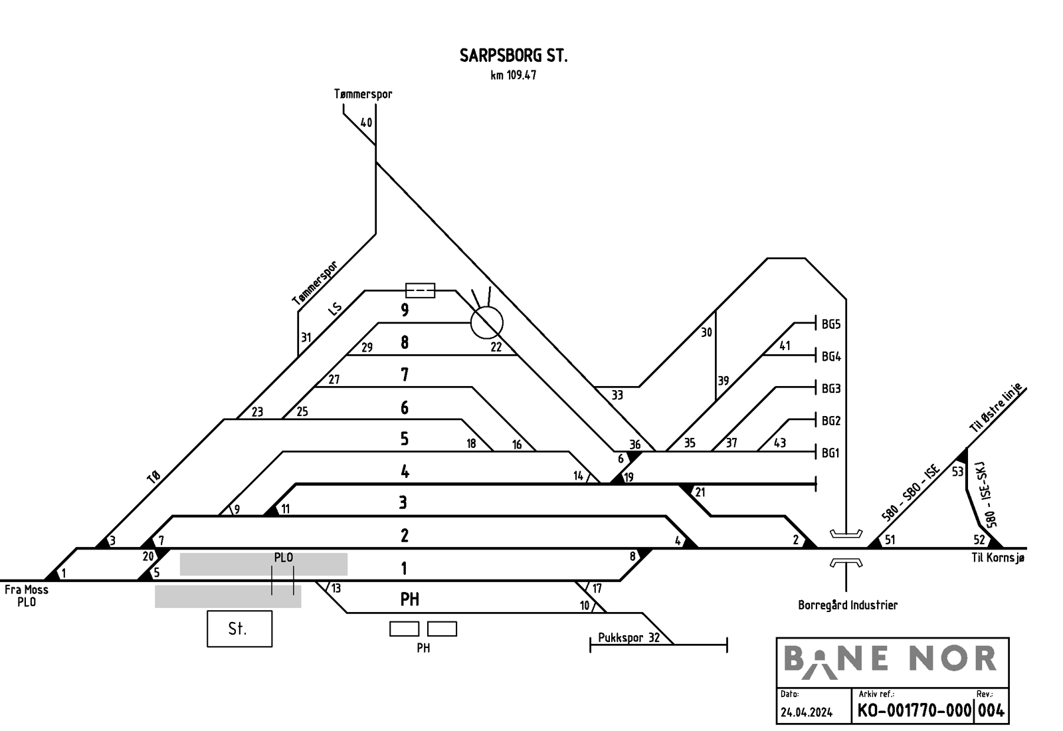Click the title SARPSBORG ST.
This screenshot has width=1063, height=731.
pos(514,56)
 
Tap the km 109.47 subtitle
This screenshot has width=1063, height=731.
pos(514,76)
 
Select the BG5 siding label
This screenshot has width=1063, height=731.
pos(831,324)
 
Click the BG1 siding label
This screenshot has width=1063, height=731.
pos(830,453)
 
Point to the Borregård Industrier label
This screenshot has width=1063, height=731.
pos(848,605)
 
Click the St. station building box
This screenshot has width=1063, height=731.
pos(240,629)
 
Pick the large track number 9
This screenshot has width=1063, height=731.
pos(405,310)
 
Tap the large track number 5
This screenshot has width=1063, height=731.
pos(405,439)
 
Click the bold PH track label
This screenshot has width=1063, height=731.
pos(409,599)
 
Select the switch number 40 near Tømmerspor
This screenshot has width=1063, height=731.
pos(366,122)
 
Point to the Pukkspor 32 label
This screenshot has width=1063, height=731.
pos(628,637)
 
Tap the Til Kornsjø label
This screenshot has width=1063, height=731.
pos(998,558)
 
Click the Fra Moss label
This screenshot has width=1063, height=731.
pos(27,589)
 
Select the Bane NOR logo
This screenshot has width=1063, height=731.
pos(890,661)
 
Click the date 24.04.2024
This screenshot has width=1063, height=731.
pos(807,712)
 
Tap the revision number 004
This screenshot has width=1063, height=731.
pos(991,710)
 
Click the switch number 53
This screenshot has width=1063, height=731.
pos(957,472)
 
